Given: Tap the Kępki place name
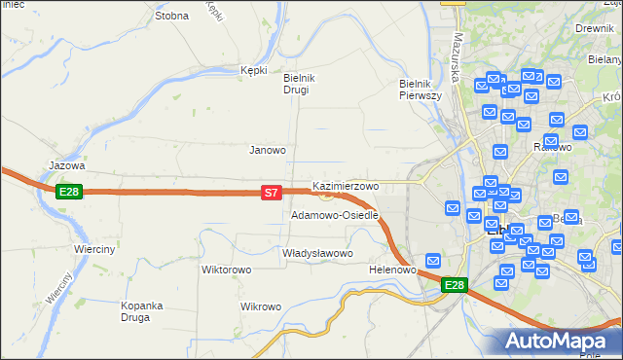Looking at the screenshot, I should (253, 70).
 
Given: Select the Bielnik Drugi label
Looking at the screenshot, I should (295, 84).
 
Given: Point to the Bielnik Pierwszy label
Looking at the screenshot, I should (421, 90).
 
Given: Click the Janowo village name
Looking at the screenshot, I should (268, 150).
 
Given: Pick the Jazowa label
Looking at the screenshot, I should (67, 165).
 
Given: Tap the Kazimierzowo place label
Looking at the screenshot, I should (345, 185).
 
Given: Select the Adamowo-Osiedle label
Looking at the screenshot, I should (334, 215).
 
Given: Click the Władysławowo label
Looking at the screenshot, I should (316, 253).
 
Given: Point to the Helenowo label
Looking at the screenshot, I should (393, 270).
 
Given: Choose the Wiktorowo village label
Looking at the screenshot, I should (227, 270).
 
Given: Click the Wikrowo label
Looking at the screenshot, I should (260, 306).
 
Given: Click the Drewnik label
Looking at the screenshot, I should (593, 29).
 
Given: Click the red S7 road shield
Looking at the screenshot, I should (273, 194).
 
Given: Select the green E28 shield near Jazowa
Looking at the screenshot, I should (68, 192).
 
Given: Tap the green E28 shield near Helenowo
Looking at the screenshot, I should (454, 285).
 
